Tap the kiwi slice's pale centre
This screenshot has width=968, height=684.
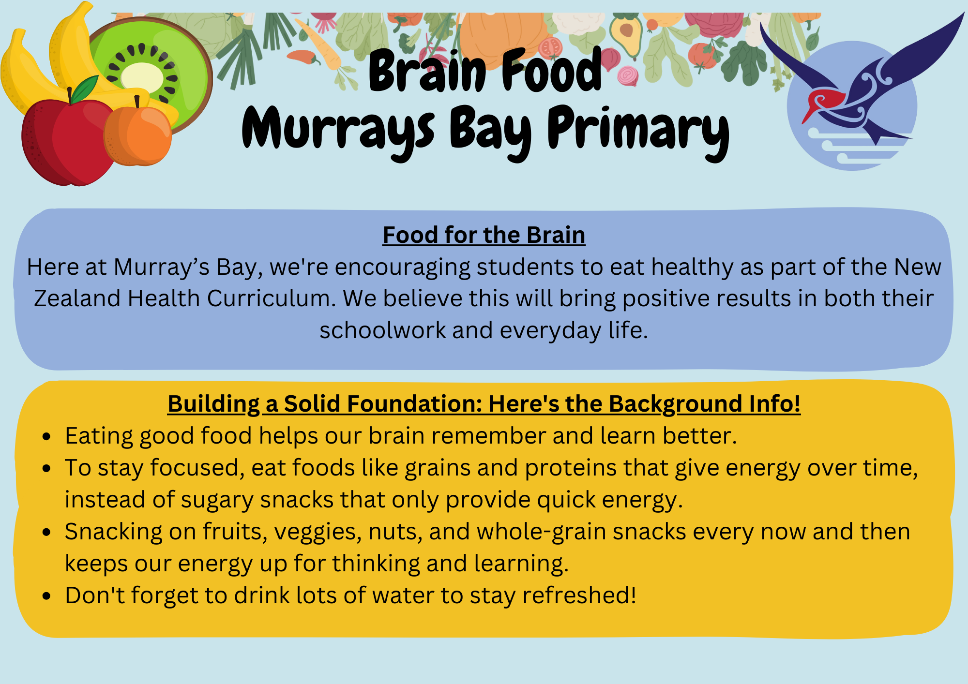[142, 77]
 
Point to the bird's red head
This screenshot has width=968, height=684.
[823, 103]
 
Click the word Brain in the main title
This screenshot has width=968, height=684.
[427, 71]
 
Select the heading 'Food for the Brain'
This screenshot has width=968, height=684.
[484, 235]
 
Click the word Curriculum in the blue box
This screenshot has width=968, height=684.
[272, 298]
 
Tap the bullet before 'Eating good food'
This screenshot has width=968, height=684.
[46, 437]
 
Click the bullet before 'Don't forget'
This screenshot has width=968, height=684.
[46, 596]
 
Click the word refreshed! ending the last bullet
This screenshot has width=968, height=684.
[579, 595]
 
